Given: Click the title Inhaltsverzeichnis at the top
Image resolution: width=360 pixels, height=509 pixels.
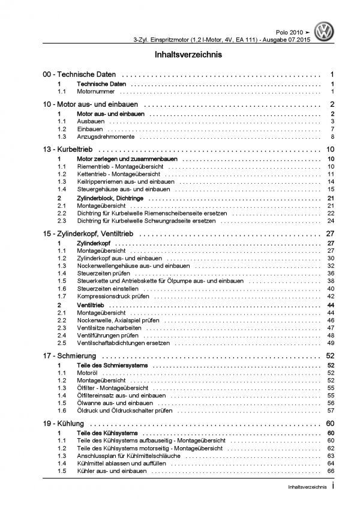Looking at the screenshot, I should tap(180, 55).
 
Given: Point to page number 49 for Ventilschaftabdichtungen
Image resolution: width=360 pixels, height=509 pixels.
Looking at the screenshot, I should tap(330, 344).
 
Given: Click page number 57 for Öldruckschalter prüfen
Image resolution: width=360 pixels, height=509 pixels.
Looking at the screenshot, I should tap(330, 412).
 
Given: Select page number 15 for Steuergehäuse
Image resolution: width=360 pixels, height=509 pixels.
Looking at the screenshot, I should tap(330, 189).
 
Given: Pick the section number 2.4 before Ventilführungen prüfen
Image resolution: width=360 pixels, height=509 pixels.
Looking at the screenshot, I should tap(62, 336).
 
